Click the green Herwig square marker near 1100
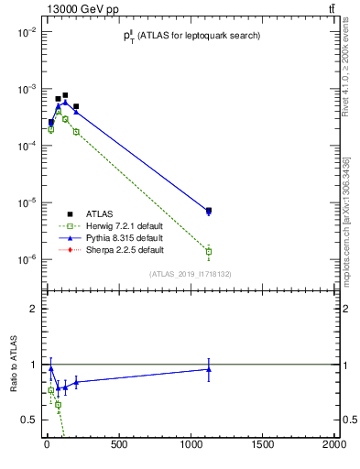[x=209, y=251]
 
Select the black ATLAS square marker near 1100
[x=209, y=211]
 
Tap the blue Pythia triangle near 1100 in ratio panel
[x=209, y=369]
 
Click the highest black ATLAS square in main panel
[x=65, y=95]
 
